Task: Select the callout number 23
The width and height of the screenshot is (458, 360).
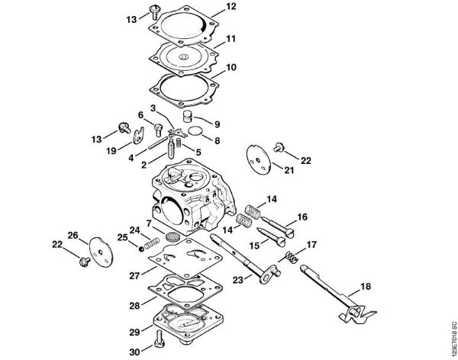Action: [x=237, y=281]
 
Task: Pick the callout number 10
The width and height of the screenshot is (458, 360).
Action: [x=231, y=68]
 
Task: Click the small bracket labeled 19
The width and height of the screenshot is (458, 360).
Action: [x=136, y=137]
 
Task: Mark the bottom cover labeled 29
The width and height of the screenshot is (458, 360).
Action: [x=180, y=323]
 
